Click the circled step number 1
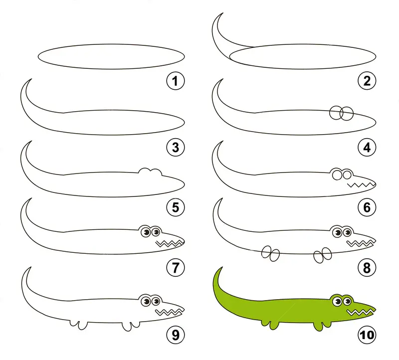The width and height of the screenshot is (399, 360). coord(176,81)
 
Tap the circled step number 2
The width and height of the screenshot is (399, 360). coord(367,81)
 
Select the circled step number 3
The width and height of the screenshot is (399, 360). coord(176,147)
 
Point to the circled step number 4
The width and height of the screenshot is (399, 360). coord(367,147)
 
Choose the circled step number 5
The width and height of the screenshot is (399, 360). coord(176,207)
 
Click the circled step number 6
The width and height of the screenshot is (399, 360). coord(367,207)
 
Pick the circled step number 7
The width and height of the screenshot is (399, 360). coord(176,268)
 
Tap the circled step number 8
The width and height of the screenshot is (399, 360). coord(367,268)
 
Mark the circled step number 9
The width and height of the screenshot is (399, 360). coord(176,335)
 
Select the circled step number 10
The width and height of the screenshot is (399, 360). coord(367,335)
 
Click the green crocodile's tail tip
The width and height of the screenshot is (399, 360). coord(222,267)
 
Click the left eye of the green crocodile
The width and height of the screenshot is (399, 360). coord(338,302)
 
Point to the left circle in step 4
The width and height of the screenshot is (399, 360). coord(336,113)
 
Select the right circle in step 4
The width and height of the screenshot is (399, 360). coord(347,114)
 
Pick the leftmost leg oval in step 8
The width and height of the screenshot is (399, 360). coord(266,252)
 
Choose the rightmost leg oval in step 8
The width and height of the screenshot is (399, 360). coord(327,253)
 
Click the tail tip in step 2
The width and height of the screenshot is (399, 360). coord(223,13)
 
